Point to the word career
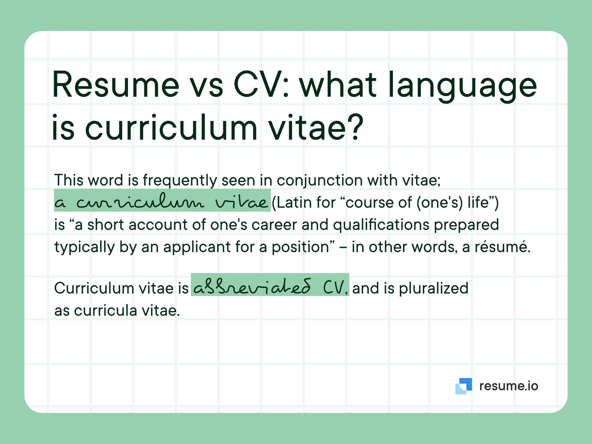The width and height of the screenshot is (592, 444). [x=274, y=224]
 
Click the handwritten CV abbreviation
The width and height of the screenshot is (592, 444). [x=333, y=287]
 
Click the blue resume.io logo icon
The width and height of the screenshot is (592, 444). [x=463, y=386]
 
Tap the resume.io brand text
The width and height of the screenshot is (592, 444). [x=508, y=386]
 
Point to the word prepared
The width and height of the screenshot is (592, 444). [x=466, y=225]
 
